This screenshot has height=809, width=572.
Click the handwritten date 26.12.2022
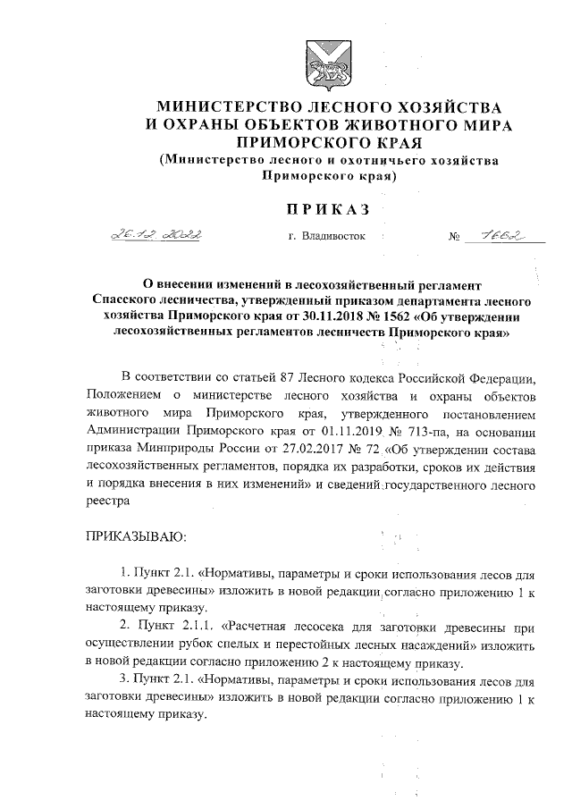(156, 236)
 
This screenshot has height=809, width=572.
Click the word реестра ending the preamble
(108, 502)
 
